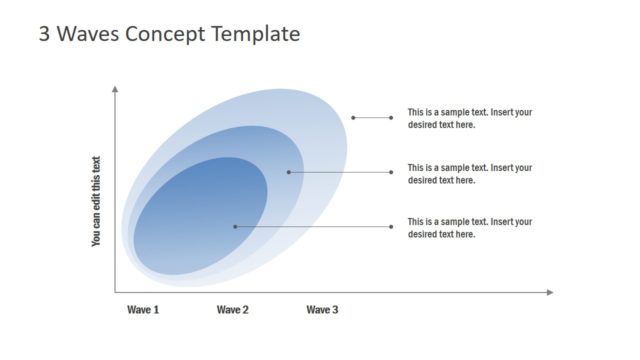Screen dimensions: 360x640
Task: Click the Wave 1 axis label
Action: point(143,310)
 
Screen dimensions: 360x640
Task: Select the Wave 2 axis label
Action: point(232,310)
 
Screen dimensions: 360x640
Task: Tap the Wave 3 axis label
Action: point(322,310)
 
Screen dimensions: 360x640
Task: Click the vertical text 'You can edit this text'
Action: point(97,201)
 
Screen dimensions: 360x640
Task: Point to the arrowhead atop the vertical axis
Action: point(116,89)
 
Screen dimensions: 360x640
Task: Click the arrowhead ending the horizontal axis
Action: point(549,292)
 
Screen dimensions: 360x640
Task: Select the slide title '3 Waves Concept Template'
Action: point(169,33)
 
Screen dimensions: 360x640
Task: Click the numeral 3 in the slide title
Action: point(45,33)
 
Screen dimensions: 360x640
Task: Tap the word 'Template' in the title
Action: point(255,33)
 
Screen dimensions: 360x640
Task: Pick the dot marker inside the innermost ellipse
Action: point(235,226)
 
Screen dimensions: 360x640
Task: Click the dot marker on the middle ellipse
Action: point(288,172)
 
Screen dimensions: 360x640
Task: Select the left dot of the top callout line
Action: point(353,118)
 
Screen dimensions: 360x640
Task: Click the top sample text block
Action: point(469,118)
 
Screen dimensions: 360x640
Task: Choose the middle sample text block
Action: point(469,174)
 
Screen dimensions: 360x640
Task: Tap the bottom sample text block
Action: point(469,227)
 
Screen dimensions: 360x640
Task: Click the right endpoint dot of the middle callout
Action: point(392,172)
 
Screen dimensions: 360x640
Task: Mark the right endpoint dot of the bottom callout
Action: point(392,226)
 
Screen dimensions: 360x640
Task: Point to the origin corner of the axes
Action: point(116,292)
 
